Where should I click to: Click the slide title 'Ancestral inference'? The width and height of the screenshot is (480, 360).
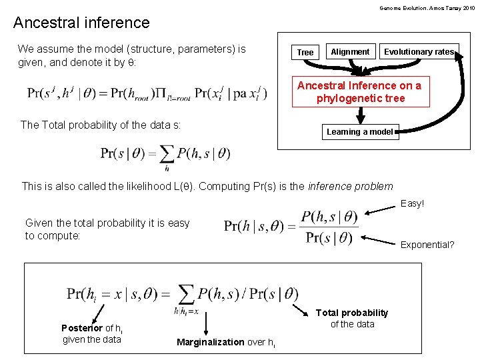(x=81, y=23)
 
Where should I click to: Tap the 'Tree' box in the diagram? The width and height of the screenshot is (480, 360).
(x=305, y=52)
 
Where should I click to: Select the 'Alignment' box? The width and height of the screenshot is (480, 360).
(x=350, y=51)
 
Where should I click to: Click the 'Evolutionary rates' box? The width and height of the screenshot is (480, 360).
(x=419, y=51)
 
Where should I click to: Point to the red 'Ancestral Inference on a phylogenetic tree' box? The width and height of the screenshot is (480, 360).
(x=359, y=92)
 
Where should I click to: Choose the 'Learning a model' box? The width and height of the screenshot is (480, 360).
(x=359, y=132)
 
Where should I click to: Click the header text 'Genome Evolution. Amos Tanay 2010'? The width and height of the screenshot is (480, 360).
(x=427, y=8)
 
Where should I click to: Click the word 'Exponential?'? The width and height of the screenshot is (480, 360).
(x=427, y=245)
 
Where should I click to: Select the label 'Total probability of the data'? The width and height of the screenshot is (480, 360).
(x=352, y=318)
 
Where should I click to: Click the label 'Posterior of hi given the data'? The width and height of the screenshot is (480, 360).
(x=92, y=333)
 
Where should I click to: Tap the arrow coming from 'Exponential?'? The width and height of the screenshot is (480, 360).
(x=379, y=235)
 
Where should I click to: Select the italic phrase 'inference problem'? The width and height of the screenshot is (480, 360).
(x=351, y=187)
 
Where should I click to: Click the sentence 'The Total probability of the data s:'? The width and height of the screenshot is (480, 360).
(x=101, y=125)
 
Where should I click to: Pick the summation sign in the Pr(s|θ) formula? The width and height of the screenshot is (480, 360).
(x=166, y=154)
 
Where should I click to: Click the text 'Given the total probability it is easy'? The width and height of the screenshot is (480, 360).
(x=107, y=223)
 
